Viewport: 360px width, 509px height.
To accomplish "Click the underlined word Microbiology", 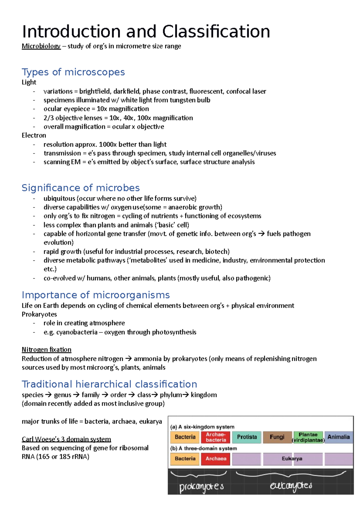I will coord(41,46).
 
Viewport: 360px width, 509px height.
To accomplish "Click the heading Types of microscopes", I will coord(73,72).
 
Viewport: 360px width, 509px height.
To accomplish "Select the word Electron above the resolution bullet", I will coord(34,135).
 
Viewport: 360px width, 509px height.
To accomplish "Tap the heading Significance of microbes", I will coord(81,188).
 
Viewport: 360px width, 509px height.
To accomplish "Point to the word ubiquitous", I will coord(59,198).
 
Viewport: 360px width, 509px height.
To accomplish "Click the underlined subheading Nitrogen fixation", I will coord(46,350).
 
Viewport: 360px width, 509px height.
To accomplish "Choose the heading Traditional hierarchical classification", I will coord(109,384).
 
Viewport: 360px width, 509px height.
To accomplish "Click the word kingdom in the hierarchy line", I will coord(204,395).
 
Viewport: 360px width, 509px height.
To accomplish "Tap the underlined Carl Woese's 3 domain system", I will coord(66,439).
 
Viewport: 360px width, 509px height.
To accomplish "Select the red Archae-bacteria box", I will coord(216,437).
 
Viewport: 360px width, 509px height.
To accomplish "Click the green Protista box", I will coord(247,437).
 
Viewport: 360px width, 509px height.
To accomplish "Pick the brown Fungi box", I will coord(277,437).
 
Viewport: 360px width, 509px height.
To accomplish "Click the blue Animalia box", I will coord(338,437).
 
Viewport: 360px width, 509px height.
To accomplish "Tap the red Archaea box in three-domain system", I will coord(216,459).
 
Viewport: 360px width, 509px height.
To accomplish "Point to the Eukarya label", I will coord(292,459).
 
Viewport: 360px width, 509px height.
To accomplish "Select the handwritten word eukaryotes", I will coord(291,486).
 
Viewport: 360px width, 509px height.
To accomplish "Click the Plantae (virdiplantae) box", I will coord(308,437).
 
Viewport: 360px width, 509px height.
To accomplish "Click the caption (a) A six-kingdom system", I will coord(202,427).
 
